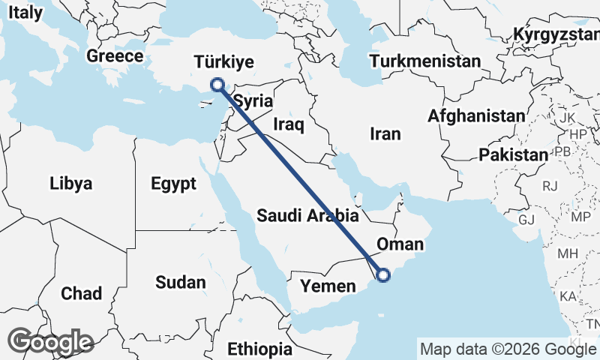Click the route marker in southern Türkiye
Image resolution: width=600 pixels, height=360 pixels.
(x=217, y=85)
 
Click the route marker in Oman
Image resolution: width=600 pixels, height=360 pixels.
(x=383, y=275)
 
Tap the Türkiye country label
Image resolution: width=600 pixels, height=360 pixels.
(x=223, y=62)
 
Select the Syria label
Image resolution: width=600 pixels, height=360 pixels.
(x=253, y=100)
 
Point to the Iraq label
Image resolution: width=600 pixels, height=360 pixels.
(x=289, y=124)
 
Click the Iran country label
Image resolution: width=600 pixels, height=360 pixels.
(x=385, y=134)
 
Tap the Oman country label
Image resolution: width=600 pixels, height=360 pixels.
(x=400, y=244)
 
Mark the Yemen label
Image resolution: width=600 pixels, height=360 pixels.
(x=328, y=286)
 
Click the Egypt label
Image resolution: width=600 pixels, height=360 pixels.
(x=172, y=184)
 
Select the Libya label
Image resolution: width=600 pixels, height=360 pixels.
(x=70, y=184)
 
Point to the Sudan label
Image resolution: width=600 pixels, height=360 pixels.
(x=180, y=283)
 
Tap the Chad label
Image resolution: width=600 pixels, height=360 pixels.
(x=82, y=293)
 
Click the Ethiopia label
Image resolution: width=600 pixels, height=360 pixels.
(x=259, y=349)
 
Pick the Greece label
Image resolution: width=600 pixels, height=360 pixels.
(x=115, y=56)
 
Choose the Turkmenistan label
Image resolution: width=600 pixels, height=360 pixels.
(x=425, y=61)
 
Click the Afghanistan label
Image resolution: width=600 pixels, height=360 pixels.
(x=476, y=116)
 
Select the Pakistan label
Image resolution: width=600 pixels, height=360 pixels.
(x=514, y=155)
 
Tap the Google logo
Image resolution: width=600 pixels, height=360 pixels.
(x=51, y=342)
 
